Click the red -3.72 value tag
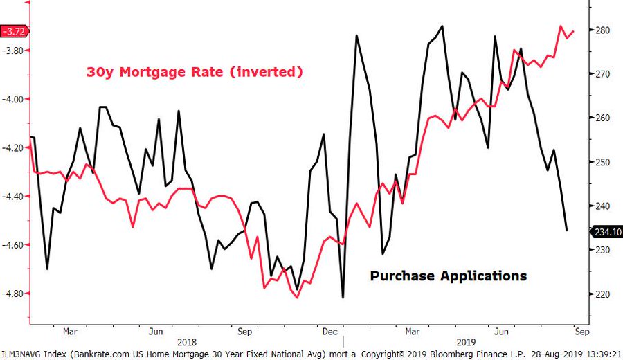coord(15,31)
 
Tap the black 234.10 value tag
coord(606,232)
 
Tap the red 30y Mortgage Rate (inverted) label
coord(195,72)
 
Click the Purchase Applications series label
coord(448,276)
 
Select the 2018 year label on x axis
coord(187,341)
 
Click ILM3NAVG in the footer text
coord(24,354)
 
